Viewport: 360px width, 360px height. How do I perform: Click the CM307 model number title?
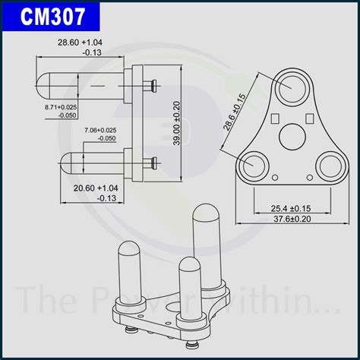(52, 16)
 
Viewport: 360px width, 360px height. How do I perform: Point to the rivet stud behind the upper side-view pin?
(155, 82)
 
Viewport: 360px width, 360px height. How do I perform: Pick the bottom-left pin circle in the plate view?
(252, 166)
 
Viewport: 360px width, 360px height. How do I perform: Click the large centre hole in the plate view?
(292, 138)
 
